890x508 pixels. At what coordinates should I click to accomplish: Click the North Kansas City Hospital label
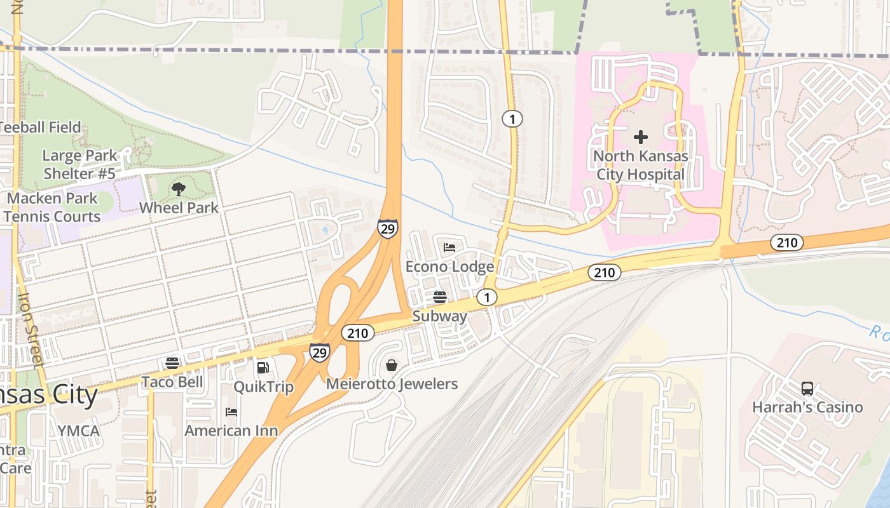640,165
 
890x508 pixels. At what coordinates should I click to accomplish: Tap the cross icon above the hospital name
640,137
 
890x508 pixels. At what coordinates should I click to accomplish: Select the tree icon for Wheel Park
179,189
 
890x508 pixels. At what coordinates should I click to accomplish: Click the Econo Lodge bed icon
449,248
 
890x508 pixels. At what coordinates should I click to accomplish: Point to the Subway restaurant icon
439,297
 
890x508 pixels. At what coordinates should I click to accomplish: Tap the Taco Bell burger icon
172,363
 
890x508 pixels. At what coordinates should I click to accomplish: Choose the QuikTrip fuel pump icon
263,367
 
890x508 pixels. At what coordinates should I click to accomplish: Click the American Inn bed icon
231,412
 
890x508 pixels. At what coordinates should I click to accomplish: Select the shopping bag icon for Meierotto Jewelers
392,365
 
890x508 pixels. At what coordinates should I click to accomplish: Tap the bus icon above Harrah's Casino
807,388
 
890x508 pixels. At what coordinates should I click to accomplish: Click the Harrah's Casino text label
807,407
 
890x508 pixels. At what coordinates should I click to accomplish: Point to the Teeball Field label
41,127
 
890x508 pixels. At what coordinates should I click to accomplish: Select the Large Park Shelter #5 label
79,164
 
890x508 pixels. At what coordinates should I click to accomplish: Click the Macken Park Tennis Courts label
52,207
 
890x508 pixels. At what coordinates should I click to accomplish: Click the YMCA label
78,431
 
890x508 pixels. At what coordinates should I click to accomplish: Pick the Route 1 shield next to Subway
487,297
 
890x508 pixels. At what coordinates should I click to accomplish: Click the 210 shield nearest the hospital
787,242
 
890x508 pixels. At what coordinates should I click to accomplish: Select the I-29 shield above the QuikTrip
319,351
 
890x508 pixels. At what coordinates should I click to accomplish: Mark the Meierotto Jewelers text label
392,384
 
